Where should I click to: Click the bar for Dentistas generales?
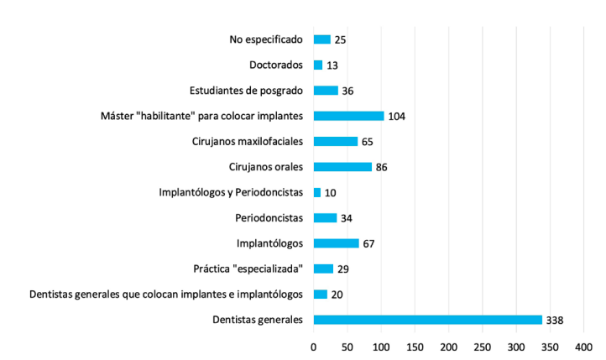point(427,319)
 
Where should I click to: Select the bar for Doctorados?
point(318,65)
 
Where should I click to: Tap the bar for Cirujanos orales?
point(342,166)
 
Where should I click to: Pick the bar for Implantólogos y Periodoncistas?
point(317,192)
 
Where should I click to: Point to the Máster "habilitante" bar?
point(348,116)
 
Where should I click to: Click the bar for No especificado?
point(322,39)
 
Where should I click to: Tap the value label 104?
point(397,116)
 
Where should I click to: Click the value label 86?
point(381,167)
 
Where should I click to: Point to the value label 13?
point(332,65)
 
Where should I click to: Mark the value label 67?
point(368,243)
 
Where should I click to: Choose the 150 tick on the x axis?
point(415,346)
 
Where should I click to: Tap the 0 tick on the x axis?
point(314,346)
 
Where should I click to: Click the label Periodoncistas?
point(267,217)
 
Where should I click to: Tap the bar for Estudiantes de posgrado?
point(326,91)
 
